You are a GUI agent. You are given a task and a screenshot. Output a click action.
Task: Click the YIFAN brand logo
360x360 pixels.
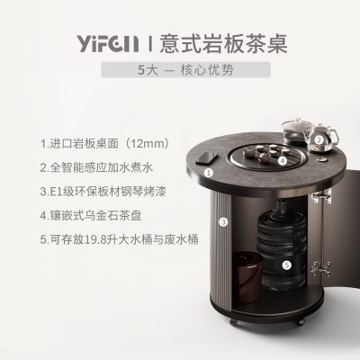click(108, 44)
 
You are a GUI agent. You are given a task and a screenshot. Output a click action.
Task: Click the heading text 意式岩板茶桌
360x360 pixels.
click(223, 44)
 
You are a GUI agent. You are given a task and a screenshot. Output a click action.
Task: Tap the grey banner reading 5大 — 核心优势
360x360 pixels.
click(185, 69)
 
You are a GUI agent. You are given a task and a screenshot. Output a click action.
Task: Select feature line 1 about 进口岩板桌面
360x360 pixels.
click(105, 144)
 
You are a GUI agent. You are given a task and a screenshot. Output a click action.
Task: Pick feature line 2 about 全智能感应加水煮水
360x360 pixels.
click(96, 167)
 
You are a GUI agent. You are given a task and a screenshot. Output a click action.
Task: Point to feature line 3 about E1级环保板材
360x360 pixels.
click(103, 192)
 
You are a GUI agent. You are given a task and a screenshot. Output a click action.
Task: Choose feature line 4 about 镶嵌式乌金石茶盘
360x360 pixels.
click(91, 215)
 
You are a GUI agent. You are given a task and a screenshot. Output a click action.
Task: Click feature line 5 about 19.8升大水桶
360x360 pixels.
click(120, 239)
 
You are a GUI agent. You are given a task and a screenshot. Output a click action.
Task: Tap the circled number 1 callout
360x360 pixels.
click(209, 173)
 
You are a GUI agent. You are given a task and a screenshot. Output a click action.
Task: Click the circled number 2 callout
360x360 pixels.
click(319, 139)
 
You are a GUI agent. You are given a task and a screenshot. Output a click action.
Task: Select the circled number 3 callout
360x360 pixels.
click(223, 222)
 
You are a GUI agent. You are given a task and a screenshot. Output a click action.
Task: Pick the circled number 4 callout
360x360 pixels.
click(283, 161)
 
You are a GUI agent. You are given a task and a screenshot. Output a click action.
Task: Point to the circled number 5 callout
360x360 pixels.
click(287, 265)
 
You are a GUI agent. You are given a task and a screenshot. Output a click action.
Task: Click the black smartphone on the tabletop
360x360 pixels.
click(207, 157)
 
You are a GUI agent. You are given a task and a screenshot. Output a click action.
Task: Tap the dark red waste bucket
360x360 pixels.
click(247, 277)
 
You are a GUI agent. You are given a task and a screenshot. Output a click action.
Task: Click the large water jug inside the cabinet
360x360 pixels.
click(282, 246)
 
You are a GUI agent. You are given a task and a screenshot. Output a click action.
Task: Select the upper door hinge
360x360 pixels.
click(321, 196)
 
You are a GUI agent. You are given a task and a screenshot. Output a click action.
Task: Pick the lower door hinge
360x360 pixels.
click(321, 268)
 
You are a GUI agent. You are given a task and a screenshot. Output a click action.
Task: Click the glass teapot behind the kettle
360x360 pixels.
click(295, 131)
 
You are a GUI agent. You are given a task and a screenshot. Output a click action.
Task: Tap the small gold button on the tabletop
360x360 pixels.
click(322, 160)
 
